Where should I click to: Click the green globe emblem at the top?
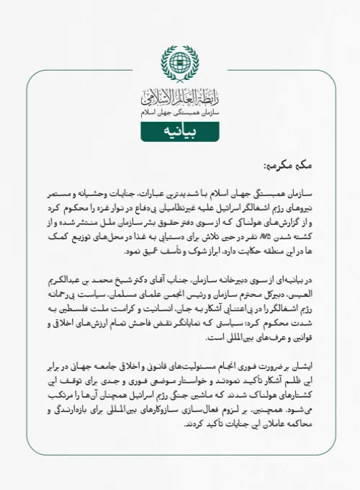coord(180,63)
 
